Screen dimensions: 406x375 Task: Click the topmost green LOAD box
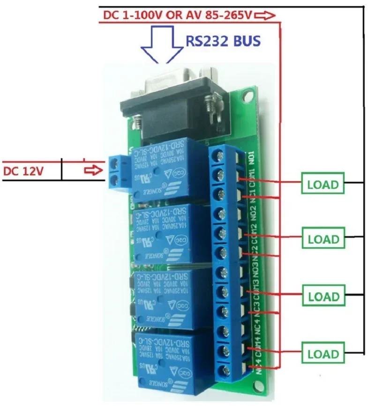(323, 184)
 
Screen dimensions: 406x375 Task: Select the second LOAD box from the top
(323, 239)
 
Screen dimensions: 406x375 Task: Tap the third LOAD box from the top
(323, 296)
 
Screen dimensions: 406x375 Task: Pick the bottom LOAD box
(323, 354)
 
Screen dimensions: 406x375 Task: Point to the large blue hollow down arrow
(162, 44)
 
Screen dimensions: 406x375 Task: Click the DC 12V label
(23, 171)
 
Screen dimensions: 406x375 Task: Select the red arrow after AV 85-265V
(265, 16)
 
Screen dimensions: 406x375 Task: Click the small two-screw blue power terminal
(118, 172)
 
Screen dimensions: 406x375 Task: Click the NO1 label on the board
(252, 156)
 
